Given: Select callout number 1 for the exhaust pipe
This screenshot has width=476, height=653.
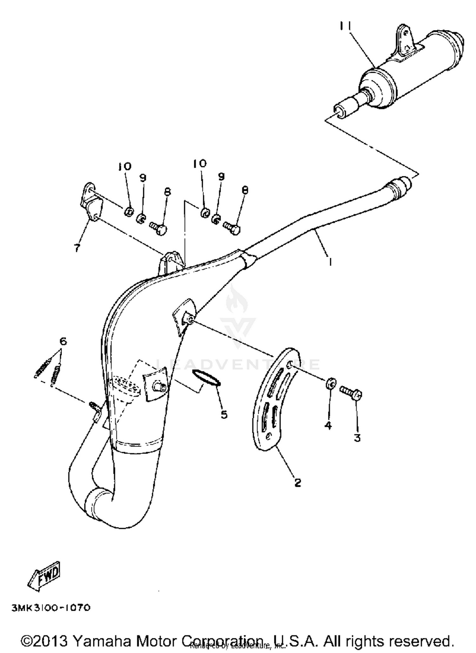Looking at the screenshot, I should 330,262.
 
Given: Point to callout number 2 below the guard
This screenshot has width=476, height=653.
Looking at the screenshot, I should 297,483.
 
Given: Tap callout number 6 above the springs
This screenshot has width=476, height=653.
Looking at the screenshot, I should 63,342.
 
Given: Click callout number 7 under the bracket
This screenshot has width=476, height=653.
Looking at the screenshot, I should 77,248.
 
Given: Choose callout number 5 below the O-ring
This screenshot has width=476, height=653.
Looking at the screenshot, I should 224,414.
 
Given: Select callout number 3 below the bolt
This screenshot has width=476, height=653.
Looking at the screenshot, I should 357,438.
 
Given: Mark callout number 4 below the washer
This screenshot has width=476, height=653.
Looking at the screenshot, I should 328,425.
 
